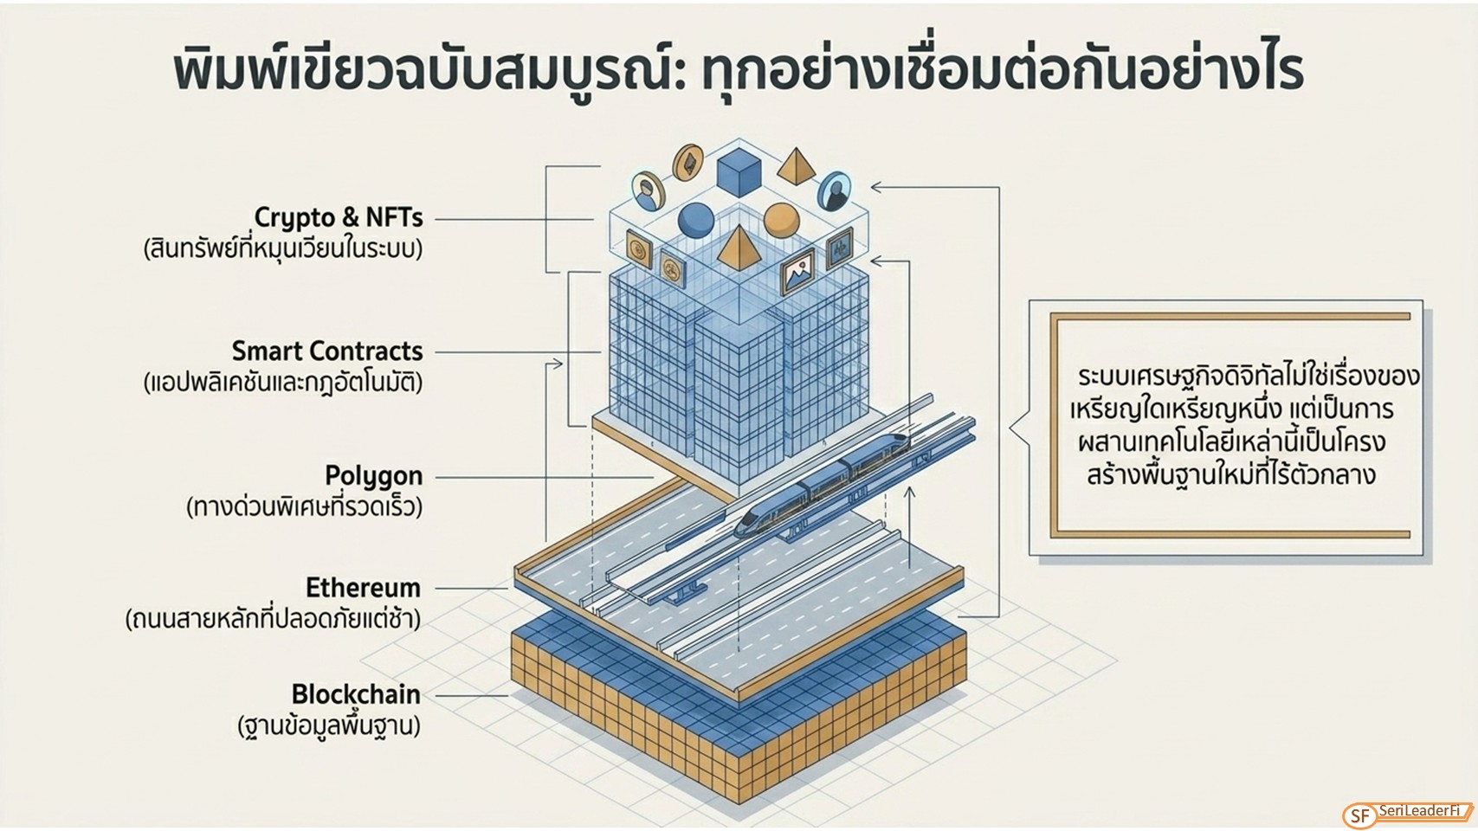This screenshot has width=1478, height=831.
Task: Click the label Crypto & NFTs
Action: (x=339, y=217)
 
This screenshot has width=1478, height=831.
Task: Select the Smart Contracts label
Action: (x=327, y=351)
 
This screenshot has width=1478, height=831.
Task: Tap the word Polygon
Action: (x=373, y=476)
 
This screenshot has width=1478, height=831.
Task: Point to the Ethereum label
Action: (x=363, y=588)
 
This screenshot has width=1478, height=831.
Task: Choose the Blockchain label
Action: (x=356, y=694)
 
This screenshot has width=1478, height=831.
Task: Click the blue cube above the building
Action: (x=739, y=173)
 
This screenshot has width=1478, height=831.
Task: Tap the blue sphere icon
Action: (x=695, y=220)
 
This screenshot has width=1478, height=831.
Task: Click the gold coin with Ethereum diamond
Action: (x=687, y=162)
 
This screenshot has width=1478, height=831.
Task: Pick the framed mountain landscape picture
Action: (x=797, y=270)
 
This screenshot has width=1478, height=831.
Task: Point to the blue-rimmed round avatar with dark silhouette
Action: (x=835, y=191)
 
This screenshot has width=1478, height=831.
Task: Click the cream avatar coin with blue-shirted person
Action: (x=648, y=191)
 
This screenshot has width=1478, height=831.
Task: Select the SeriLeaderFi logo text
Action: (x=1419, y=810)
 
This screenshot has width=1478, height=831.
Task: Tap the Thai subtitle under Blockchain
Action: (x=329, y=726)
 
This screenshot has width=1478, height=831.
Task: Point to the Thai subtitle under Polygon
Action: (x=304, y=506)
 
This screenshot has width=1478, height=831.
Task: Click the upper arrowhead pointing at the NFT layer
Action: (x=877, y=187)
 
